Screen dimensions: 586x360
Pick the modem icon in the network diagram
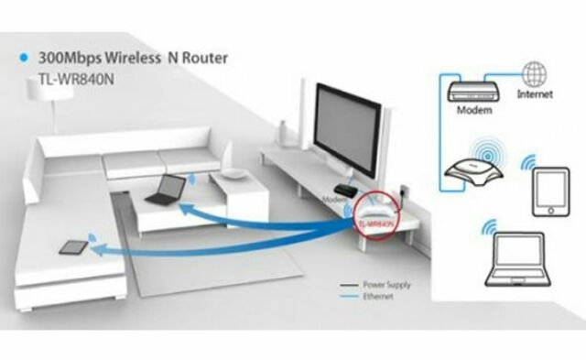pyautogui.click(x=473, y=90)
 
